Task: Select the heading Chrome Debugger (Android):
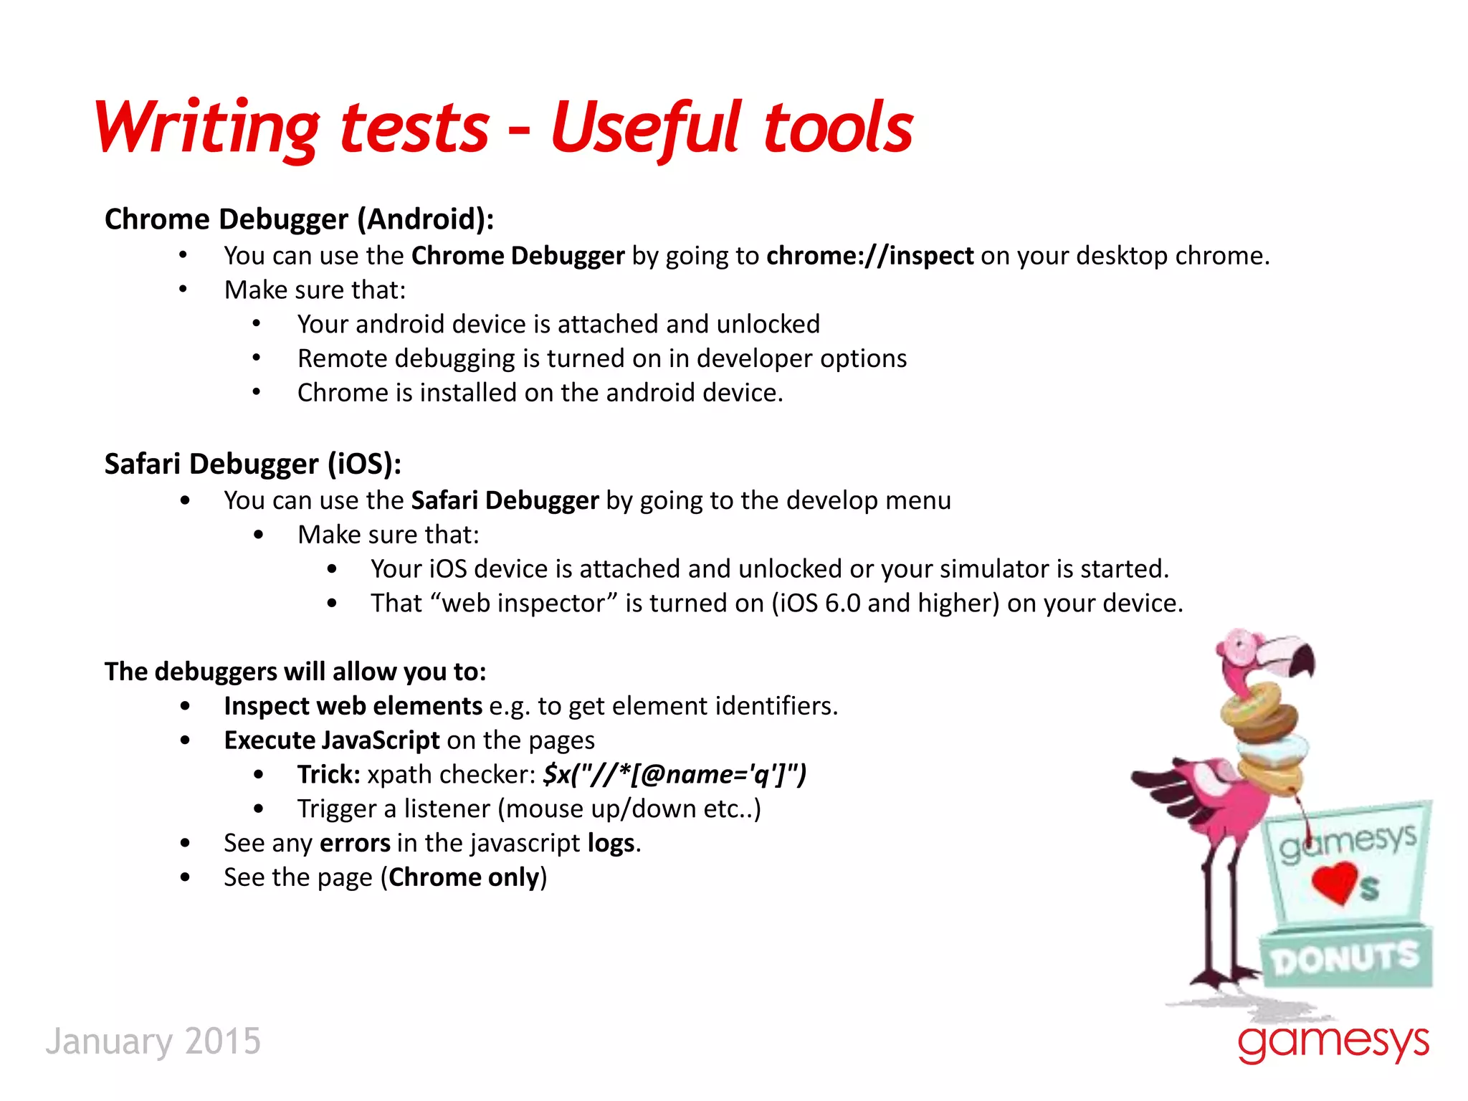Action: (x=299, y=219)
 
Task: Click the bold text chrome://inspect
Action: (x=869, y=256)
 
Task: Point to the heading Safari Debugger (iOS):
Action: (x=252, y=464)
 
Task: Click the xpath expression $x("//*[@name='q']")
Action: (x=675, y=775)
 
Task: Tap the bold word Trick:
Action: (x=328, y=775)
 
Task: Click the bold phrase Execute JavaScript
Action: (x=331, y=740)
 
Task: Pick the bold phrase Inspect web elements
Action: (x=353, y=707)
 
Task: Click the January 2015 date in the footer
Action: (x=153, y=1042)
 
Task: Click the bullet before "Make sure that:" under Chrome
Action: (x=183, y=290)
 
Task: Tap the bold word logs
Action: (x=611, y=844)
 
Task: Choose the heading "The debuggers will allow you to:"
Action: (x=295, y=672)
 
